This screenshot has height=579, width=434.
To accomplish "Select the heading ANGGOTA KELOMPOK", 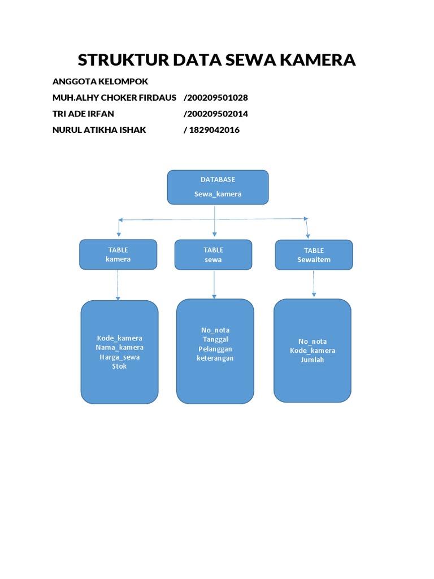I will point(100,81).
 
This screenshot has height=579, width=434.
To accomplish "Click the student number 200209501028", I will point(216,98).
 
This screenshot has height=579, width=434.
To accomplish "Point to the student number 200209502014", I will point(216,114).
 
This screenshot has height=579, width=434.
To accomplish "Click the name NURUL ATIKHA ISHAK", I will point(99,130).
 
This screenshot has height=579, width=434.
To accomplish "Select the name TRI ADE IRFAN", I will point(83,114).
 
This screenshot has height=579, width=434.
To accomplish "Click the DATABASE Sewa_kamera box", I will point(218,187).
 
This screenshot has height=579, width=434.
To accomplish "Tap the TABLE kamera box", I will point(118,254).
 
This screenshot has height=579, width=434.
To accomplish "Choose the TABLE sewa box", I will point(213,254).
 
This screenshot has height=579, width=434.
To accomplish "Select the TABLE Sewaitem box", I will point(314,255).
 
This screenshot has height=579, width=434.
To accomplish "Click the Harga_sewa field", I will point(119,357).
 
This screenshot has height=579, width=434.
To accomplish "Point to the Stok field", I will point(119,366).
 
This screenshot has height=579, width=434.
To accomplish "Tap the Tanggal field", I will point(215,339).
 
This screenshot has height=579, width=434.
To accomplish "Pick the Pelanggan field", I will point(215,349).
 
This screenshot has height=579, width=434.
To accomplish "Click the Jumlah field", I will point(313,360).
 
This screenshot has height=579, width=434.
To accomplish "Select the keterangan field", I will point(215,358).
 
